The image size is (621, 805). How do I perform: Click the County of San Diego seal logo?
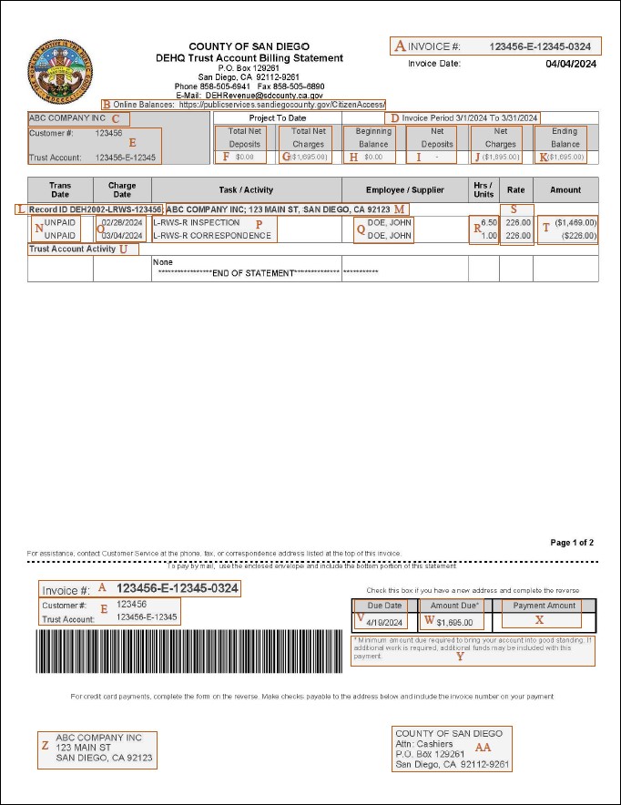point(61,69)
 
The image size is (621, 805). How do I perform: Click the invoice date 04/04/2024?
point(571,64)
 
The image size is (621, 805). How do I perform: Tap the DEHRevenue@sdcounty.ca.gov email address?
point(264,95)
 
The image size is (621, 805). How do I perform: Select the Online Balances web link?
point(281,105)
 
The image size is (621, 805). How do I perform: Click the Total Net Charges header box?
point(307,137)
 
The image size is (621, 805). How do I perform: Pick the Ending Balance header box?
point(565,137)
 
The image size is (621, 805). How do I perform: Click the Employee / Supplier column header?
point(404,189)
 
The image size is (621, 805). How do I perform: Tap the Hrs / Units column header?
point(484,189)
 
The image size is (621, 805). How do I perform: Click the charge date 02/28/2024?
point(122,222)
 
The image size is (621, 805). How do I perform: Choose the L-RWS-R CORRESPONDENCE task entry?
point(212,235)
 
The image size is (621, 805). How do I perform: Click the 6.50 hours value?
point(488,222)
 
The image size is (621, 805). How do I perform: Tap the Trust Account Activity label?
point(72,249)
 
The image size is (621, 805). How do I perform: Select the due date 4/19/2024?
point(384,622)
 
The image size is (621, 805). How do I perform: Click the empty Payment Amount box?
point(545,622)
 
